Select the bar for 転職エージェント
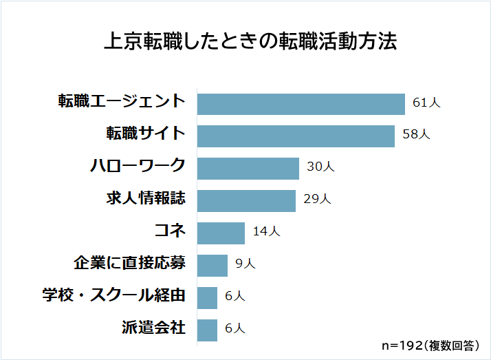[301, 103]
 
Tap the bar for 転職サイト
[296, 136]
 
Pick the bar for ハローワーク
[248, 168]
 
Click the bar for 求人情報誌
[246, 200]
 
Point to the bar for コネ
[221, 233]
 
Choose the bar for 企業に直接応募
[212, 265]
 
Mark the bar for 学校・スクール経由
[207, 297]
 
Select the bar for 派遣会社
[207, 330]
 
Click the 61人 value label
[426, 103]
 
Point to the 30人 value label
[320, 167]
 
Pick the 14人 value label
[266, 232]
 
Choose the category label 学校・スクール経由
[114, 295]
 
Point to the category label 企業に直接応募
[129, 263]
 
